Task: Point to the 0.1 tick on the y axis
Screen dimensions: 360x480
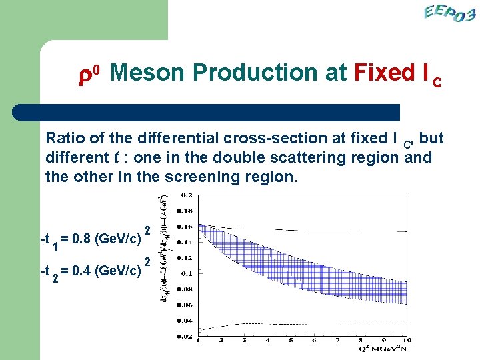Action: pos(187,273)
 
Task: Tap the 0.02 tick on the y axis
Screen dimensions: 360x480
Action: pos(185,337)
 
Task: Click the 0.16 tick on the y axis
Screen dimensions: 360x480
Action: pos(185,227)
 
